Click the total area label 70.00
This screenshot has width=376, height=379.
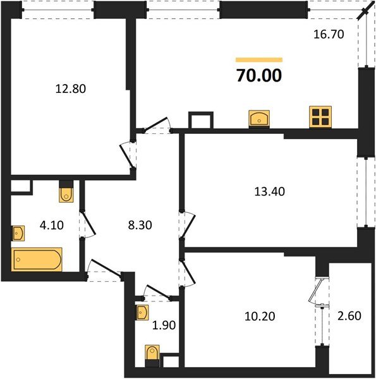pyautogui.click(x=258, y=76)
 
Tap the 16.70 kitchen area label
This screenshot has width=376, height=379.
pyautogui.click(x=329, y=35)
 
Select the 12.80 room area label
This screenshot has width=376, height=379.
pyautogui.click(x=70, y=89)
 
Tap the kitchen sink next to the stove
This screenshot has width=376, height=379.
pyautogui.click(x=260, y=117)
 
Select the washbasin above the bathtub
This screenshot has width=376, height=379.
pyautogui.click(x=18, y=233)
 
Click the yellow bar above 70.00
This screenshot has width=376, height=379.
pyautogui.click(x=258, y=60)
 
